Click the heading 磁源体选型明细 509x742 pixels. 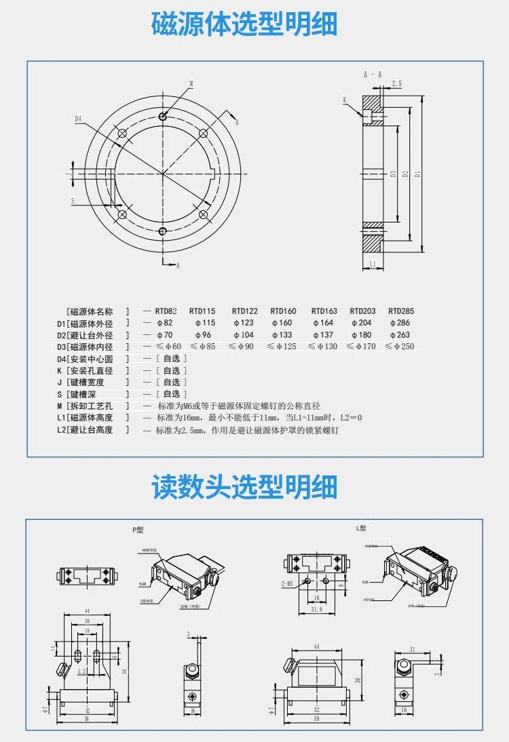click(x=244, y=24)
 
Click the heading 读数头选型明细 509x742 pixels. click(x=244, y=487)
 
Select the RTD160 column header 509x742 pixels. click(x=283, y=311)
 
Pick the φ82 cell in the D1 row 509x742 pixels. click(x=164, y=324)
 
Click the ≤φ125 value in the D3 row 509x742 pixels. click(x=282, y=347)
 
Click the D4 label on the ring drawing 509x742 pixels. click(x=78, y=119)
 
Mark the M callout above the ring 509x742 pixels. click(x=191, y=83)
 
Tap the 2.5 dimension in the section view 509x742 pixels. click(x=397, y=84)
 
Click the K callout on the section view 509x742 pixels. click(x=345, y=100)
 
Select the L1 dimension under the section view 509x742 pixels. click(x=373, y=263)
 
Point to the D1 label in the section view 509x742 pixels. click(x=417, y=174)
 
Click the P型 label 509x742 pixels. click(x=138, y=530)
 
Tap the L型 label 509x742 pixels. click(x=361, y=528)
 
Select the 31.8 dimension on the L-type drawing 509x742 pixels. click(x=316, y=610)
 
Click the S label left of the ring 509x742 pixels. click(x=72, y=201)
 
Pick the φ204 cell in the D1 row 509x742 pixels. click(x=362, y=324)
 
